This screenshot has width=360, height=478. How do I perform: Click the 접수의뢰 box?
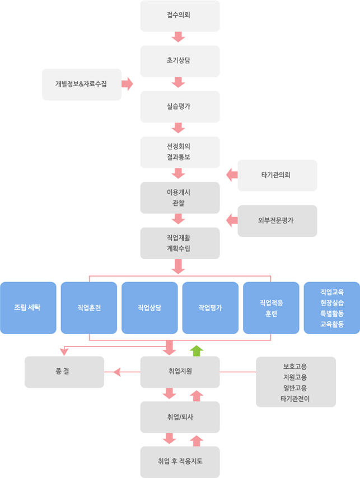tap(179, 16)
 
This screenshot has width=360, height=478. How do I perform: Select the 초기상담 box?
tap(179, 61)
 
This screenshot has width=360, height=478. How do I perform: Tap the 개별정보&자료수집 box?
tap(81, 85)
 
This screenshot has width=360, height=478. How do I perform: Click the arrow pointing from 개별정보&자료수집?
tap(128, 85)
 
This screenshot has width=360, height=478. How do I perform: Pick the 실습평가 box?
tap(179, 106)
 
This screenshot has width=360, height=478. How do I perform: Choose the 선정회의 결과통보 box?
tap(179, 152)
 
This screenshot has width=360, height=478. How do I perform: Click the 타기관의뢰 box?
tap(277, 175)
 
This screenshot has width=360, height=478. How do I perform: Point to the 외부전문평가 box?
tap(277, 221)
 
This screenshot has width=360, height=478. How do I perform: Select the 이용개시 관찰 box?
tap(179, 198)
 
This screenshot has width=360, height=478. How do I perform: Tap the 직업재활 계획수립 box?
tap(179, 243)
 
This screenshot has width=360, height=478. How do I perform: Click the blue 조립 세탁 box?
tap(28, 308)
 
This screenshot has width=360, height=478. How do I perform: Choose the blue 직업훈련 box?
tap(88, 308)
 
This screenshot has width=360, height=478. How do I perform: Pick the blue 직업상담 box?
tap(149, 308)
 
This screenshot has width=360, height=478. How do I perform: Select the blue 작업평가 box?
tap(210, 308)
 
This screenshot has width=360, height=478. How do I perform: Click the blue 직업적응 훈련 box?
tap(271, 308)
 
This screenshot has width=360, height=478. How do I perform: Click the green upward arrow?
tap(196, 351)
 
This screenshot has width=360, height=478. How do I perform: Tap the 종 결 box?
tap(64, 372)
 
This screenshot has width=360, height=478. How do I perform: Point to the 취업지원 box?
tap(179, 372)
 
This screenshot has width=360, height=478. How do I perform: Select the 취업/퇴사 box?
tap(179, 417)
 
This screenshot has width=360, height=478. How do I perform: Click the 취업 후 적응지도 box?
tap(179, 462)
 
